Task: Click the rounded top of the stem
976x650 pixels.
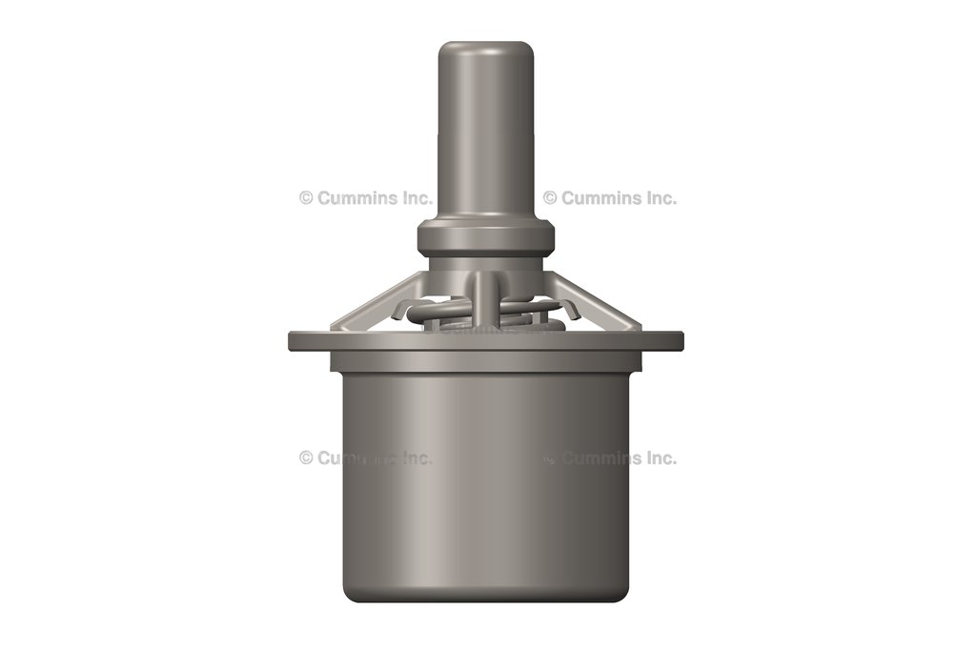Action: click(x=485, y=48)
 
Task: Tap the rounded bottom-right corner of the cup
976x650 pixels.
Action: click(x=622, y=593)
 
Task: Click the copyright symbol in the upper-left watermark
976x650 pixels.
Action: click(x=306, y=198)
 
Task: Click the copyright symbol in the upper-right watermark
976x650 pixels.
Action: click(x=550, y=198)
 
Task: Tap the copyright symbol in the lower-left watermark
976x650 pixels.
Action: click(x=306, y=457)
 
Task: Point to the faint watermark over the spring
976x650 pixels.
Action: click(x=485, y=329)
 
